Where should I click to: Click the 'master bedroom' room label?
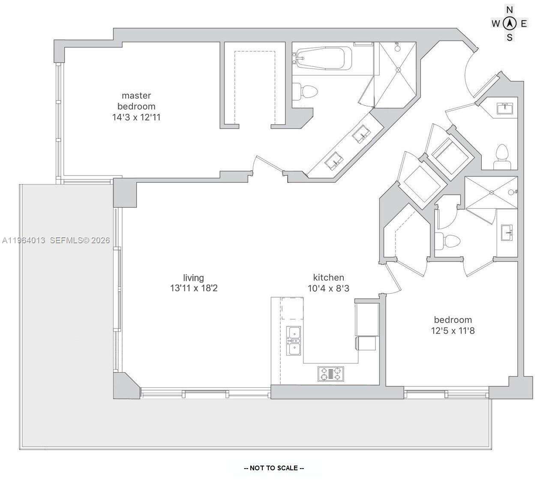136,101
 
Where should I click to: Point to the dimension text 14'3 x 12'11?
136,117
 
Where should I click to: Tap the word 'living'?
193,278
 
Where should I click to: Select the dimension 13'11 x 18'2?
193,288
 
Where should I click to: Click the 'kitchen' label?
328,277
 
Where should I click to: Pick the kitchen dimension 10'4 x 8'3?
328,288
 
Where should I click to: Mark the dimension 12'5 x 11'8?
453,331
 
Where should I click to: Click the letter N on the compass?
510,9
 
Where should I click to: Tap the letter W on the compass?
496,24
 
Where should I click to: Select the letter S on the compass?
510,37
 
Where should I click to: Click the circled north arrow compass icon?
510,23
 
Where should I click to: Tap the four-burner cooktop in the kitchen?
331,373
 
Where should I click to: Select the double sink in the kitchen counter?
294,341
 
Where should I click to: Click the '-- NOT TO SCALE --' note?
274,468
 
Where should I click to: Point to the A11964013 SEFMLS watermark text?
56,240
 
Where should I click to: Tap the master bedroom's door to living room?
268,164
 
